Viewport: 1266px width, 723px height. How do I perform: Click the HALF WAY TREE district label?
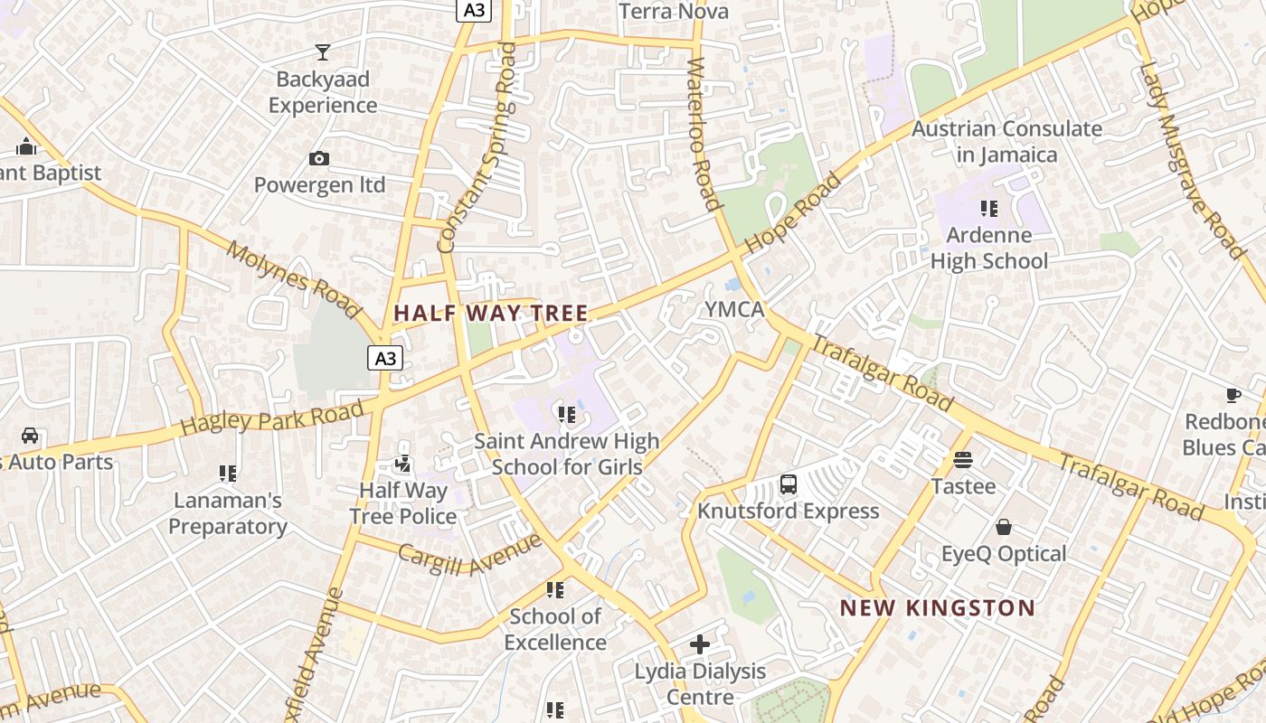(x=491, y=314)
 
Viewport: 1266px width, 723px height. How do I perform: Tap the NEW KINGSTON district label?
(x=937, y=607)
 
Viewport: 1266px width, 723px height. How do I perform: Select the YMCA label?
(x=734, y=309)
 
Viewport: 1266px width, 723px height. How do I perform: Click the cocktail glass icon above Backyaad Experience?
(x=322, y=52)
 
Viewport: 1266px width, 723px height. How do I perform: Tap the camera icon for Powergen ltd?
(x=319, y=159)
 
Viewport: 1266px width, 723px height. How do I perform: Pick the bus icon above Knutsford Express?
(x=789, y=484)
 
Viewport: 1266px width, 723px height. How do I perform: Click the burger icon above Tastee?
(x=963, y=460)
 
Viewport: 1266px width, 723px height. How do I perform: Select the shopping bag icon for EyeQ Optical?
(x=1004, y=527)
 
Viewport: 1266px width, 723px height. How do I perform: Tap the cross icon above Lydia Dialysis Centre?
(x=700, y=644)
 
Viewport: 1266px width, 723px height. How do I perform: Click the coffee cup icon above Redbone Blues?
(x=1233, y=395)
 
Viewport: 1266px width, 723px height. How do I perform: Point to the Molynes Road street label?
(x=293, y=279)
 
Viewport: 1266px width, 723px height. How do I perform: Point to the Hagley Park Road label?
(x=272, y=417)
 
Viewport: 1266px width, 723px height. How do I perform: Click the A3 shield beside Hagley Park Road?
(x=385, y=358)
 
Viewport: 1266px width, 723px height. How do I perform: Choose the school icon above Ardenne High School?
(x=989, y=209)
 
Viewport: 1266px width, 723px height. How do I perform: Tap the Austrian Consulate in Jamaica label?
(x=1006, y=142)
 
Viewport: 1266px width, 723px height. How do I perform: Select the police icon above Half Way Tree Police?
(x=403, y=464)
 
